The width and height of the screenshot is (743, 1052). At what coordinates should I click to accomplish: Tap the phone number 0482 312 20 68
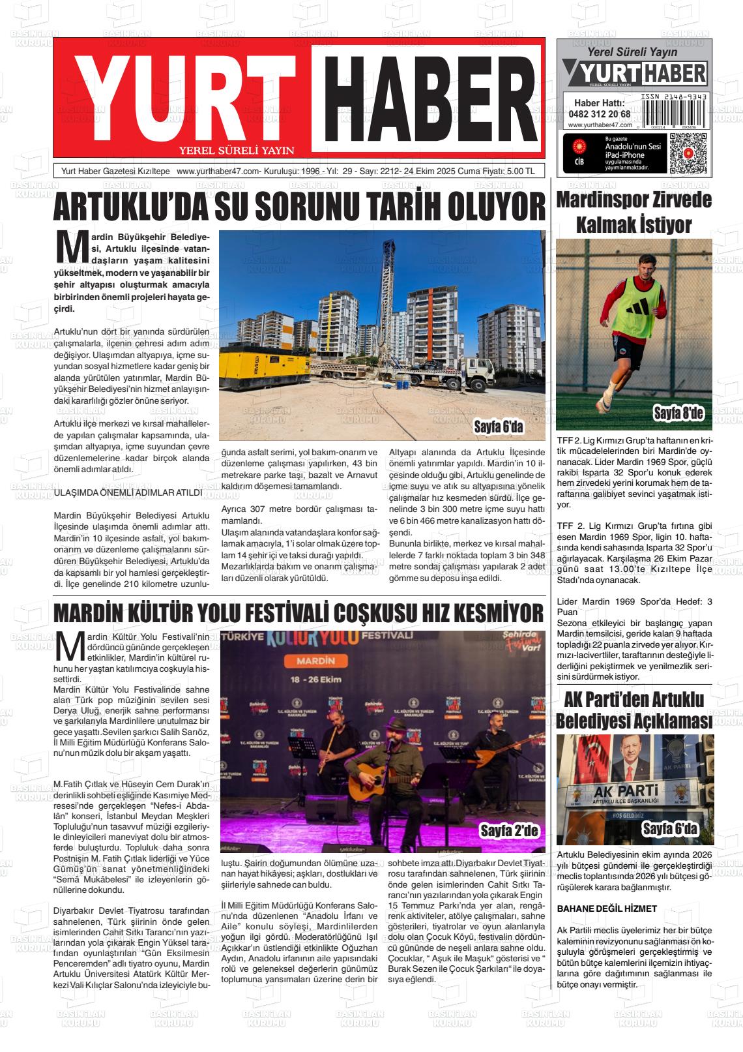(599, 113)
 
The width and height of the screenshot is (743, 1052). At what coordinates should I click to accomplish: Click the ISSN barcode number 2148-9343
(673, 96)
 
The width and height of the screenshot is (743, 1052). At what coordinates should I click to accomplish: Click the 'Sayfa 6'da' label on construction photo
(499, 427)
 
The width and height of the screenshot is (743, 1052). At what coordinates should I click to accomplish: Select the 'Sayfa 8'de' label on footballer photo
(678, 412)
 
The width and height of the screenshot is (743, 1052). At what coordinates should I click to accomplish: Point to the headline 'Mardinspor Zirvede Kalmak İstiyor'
(634, 213)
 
